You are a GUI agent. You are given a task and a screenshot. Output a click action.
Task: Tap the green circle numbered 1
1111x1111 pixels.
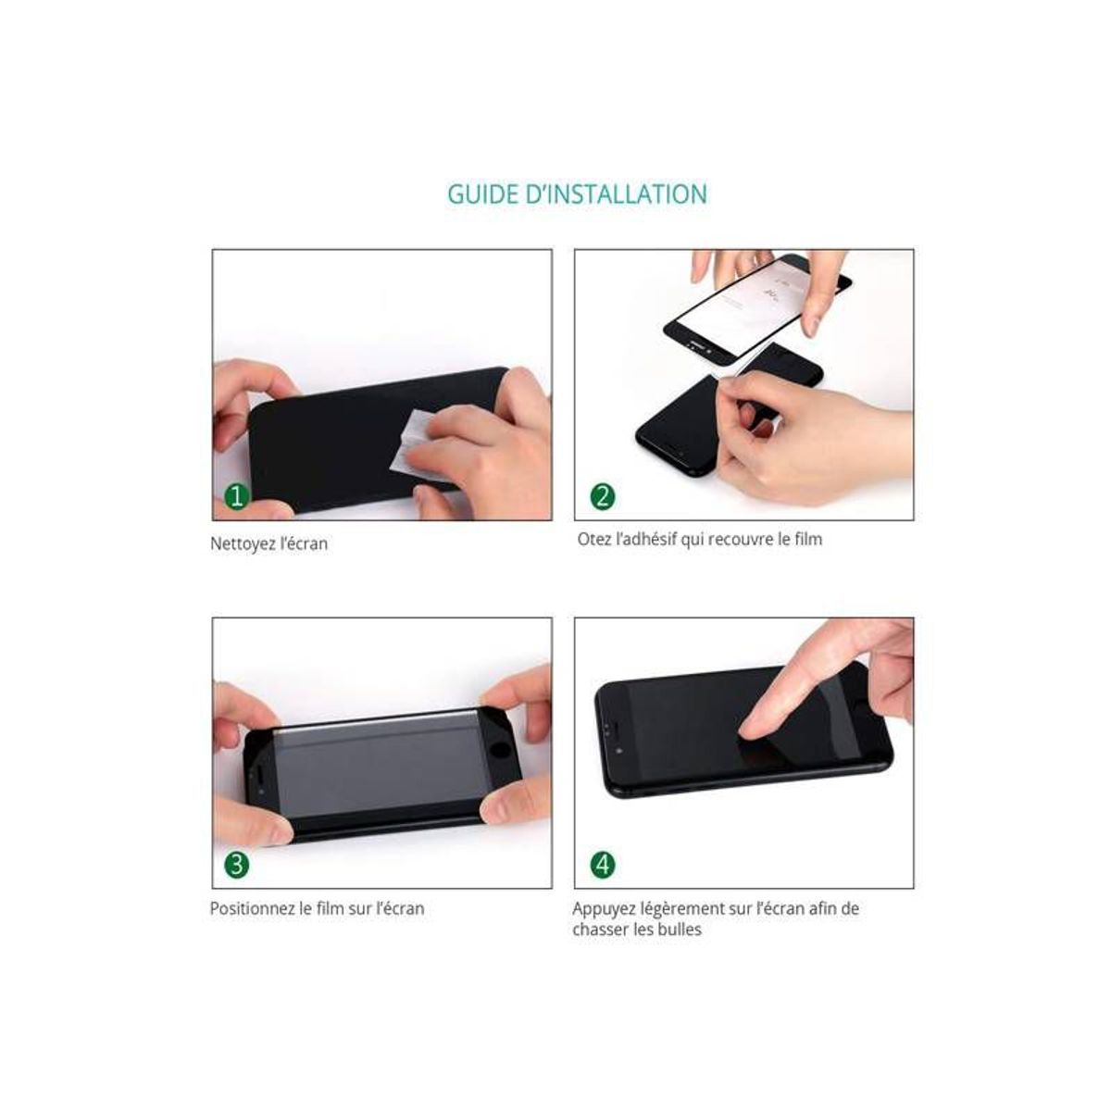pyautogui.click(x=236, y=496)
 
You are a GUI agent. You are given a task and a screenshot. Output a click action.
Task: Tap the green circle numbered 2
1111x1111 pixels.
pyautogui.click(x=602, y=496)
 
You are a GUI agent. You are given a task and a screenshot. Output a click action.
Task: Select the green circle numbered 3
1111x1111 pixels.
pyautogui.click(x=236, y=865)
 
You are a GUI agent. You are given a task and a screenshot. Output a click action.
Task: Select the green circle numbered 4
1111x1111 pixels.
pyautogui.click(x=602, y=865)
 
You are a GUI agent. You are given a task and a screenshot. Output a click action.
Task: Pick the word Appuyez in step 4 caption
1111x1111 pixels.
pyautogui.click(x=603, y=909)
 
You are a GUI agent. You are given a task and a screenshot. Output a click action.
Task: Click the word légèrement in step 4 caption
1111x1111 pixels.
pyautogui.click(x=681, y=909)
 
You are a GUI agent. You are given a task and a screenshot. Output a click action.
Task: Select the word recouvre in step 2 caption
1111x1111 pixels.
pyautogui.click(x=743, y=539)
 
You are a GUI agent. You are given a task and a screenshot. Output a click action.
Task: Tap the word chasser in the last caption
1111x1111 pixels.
pyautogui.click(x=599, y=930)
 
